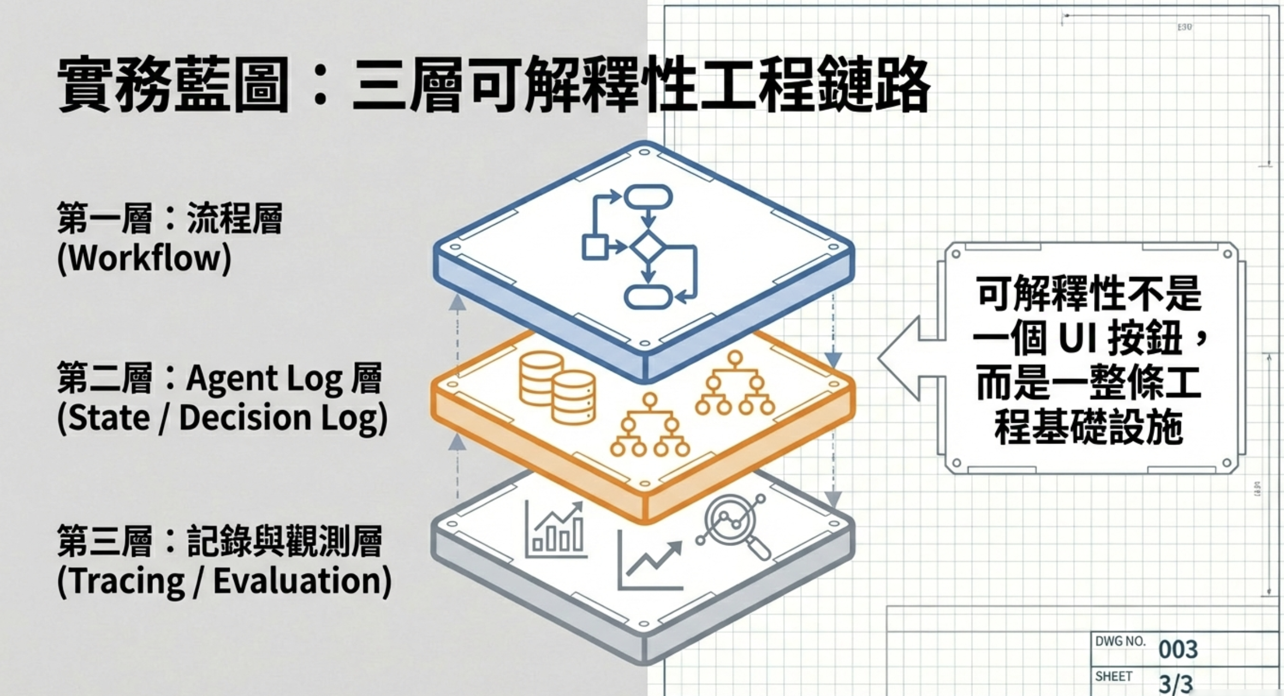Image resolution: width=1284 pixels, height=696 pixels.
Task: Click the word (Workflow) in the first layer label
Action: (144, 258)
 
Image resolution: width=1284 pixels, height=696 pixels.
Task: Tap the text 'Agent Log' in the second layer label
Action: (264, 379)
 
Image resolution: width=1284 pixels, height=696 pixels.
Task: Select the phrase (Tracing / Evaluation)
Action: (224, 581)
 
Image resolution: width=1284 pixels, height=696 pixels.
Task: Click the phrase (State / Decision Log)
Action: (222, 418)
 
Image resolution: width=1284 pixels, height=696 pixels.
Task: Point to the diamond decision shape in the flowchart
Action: (647, 247)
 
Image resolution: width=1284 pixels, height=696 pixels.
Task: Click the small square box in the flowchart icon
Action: (595, 247)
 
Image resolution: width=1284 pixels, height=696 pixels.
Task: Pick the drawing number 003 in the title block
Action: (1178, 649)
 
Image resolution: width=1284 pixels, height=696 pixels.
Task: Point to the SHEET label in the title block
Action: (1114, 676)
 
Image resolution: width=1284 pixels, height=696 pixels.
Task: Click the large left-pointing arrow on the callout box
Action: (906, 358)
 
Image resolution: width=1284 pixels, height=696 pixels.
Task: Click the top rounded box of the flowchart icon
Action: (648, 197)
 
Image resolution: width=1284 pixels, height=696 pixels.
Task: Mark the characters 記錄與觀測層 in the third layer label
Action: (284, 541)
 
